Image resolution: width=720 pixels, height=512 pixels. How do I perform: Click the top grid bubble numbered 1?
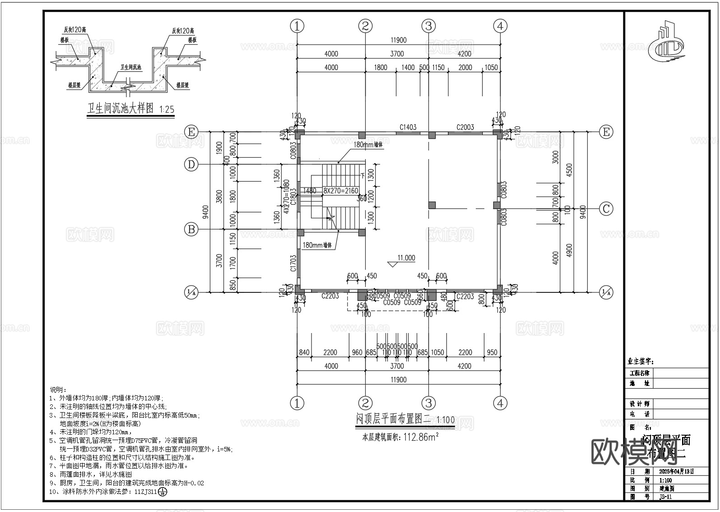(297, 26)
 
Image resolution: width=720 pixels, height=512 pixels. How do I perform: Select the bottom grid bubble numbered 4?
(500, 403)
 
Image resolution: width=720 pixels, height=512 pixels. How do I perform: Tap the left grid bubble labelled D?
(191, 165)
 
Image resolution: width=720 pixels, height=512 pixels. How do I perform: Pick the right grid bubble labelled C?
(606, 209)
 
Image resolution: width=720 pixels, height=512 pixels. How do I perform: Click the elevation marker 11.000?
(406, 258)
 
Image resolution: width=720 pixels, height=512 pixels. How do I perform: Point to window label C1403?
(408, 127)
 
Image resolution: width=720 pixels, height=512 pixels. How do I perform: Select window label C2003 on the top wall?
(465, 127)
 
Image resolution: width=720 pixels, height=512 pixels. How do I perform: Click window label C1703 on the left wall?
(293, 263)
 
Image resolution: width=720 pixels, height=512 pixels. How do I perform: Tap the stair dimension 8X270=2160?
(341, 191)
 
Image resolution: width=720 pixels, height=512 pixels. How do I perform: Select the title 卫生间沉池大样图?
(121, 109)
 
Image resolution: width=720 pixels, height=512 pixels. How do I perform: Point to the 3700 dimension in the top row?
(396, 54)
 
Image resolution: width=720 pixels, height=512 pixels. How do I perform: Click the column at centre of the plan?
(432, 205)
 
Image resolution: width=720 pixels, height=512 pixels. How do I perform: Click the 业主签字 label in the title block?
(641, 362)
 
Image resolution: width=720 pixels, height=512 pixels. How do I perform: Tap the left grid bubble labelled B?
(191, 230)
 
